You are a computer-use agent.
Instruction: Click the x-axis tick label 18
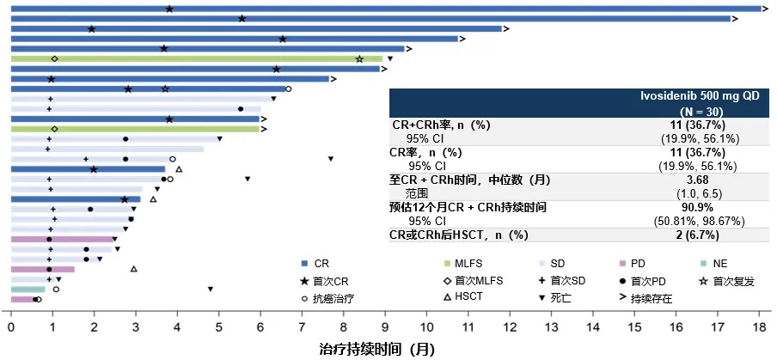(759, 327)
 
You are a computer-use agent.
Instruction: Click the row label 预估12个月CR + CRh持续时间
(468, 208)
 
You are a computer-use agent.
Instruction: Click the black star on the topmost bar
(169, 9)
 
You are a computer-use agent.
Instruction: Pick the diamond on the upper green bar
(54, 58)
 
